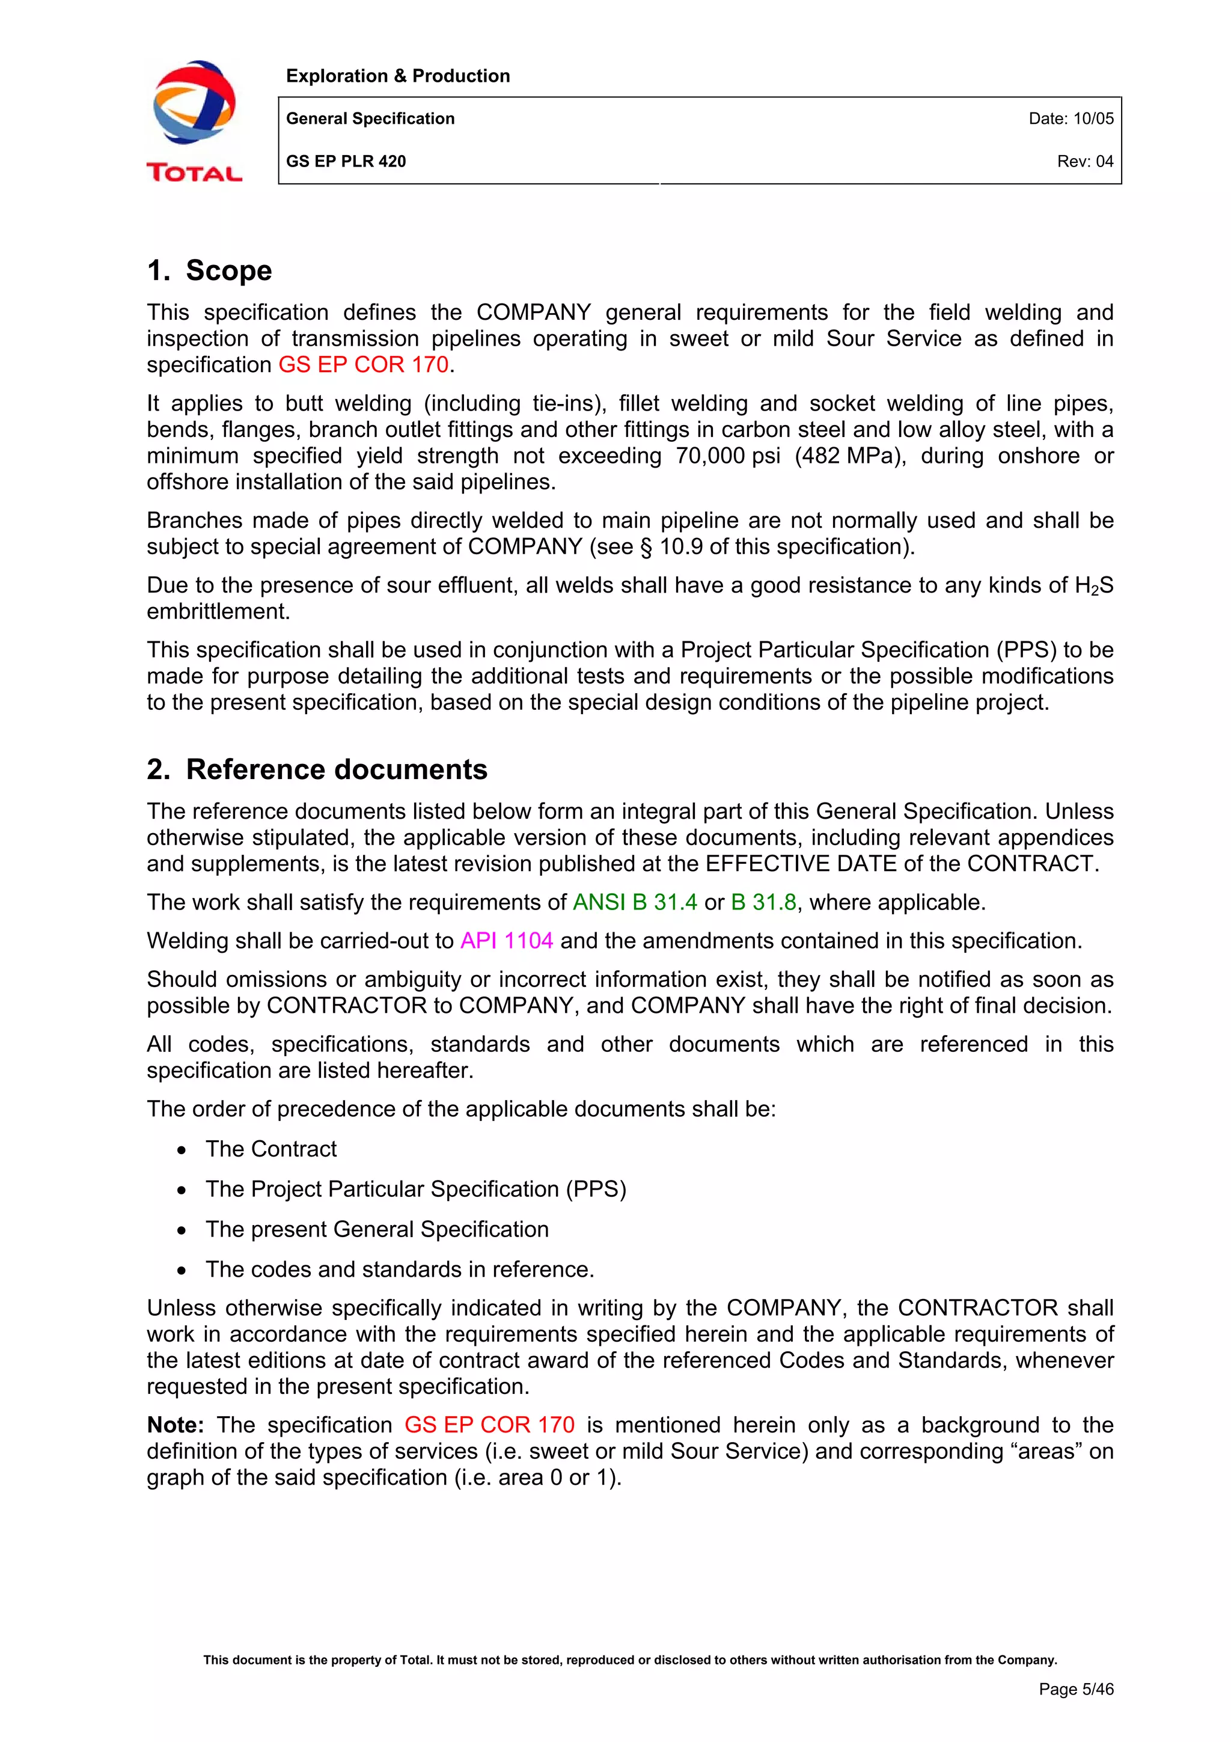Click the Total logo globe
click(x=194, y=102)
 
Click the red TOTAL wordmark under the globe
click(x=194, y=173)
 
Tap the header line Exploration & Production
click(x=397, y=76)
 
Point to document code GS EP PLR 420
click(x=346, y=161)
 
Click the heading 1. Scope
click(x=209, y=270)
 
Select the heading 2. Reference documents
click(x=317, y=769)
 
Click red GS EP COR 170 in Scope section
click(x=363, y=365)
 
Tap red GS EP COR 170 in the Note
click(x=489, y=1425)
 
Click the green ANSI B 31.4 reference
click(x=634, y=902)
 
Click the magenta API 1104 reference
click(x=507, y=941)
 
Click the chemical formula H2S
click(x=1094, y=585)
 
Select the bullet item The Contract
click(x=270, y=1149)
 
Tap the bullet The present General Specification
click(x=377, y=1230)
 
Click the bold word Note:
click(x=175, y=1425)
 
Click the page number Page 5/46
click(x=1075, y=1689)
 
